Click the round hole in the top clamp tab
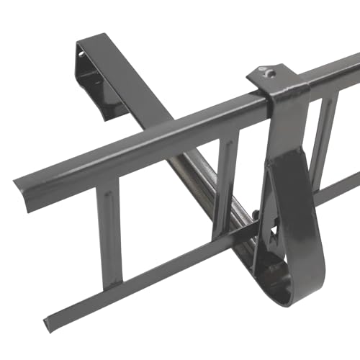coord(268,71)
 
